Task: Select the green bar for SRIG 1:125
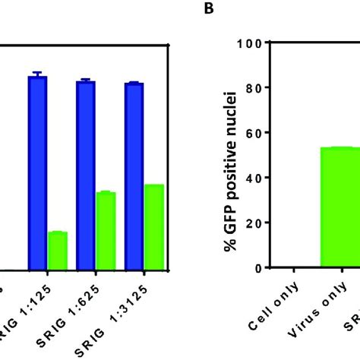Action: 58,251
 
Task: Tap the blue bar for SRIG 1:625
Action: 86,175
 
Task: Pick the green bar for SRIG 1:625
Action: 106,231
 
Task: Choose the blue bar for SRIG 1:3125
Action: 134,176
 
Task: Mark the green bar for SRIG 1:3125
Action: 154,227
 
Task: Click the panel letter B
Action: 207,9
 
